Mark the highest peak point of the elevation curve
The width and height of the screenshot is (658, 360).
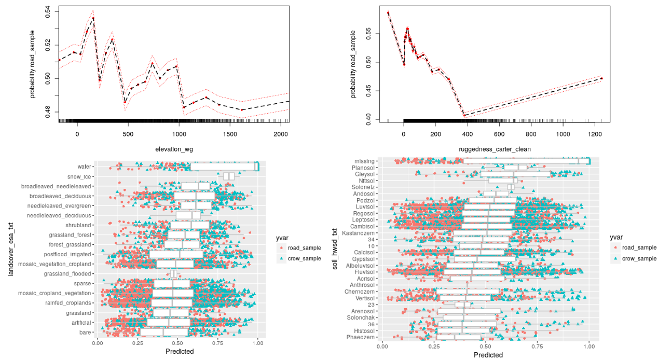click(x=93, y=18)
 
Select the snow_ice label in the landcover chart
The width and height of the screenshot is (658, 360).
click(x=80, y=176)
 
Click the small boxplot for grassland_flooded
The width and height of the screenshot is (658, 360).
click(x=174, y=274)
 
